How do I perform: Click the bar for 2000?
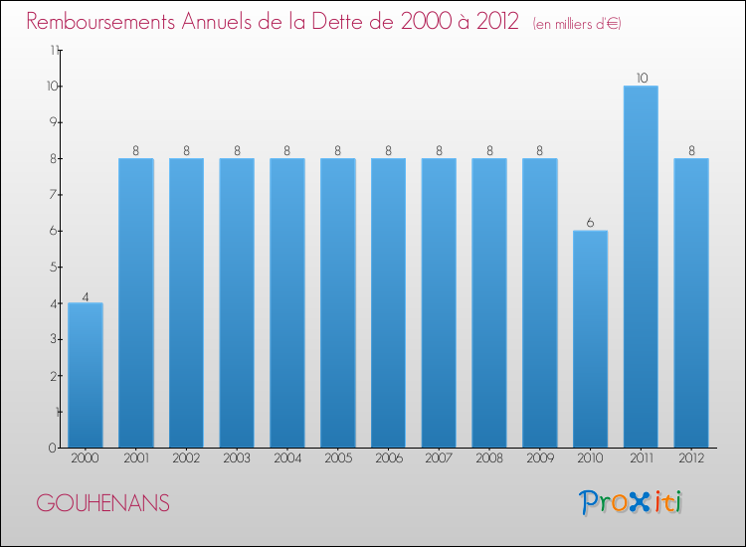(86, 375)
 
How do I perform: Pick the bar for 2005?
(337, 302)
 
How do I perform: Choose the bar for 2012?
(691, 302)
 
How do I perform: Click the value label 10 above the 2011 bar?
(641, 78)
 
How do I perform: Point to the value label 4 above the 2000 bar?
(86, 294)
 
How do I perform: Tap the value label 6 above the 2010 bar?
(590, 222)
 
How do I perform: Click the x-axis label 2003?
(237, 458)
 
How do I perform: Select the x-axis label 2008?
(489, 458)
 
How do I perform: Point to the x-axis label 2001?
(135, 458)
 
